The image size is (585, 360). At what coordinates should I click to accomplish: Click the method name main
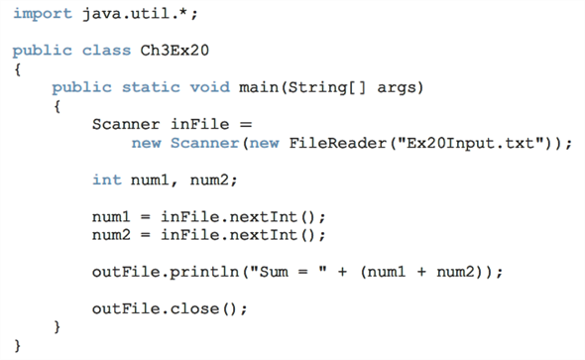[x=259, y=87]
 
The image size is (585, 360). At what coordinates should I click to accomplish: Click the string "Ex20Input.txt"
[x=468, y=143]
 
